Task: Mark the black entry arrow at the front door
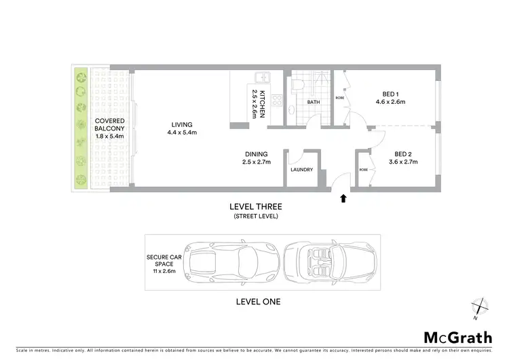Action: point(343,198)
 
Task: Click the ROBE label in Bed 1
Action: point(339,98)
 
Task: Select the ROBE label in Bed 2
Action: point(364,170)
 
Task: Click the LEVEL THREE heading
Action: point(255,207)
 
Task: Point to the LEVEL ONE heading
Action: point(258,301)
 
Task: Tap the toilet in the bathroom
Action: point(297,86)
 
